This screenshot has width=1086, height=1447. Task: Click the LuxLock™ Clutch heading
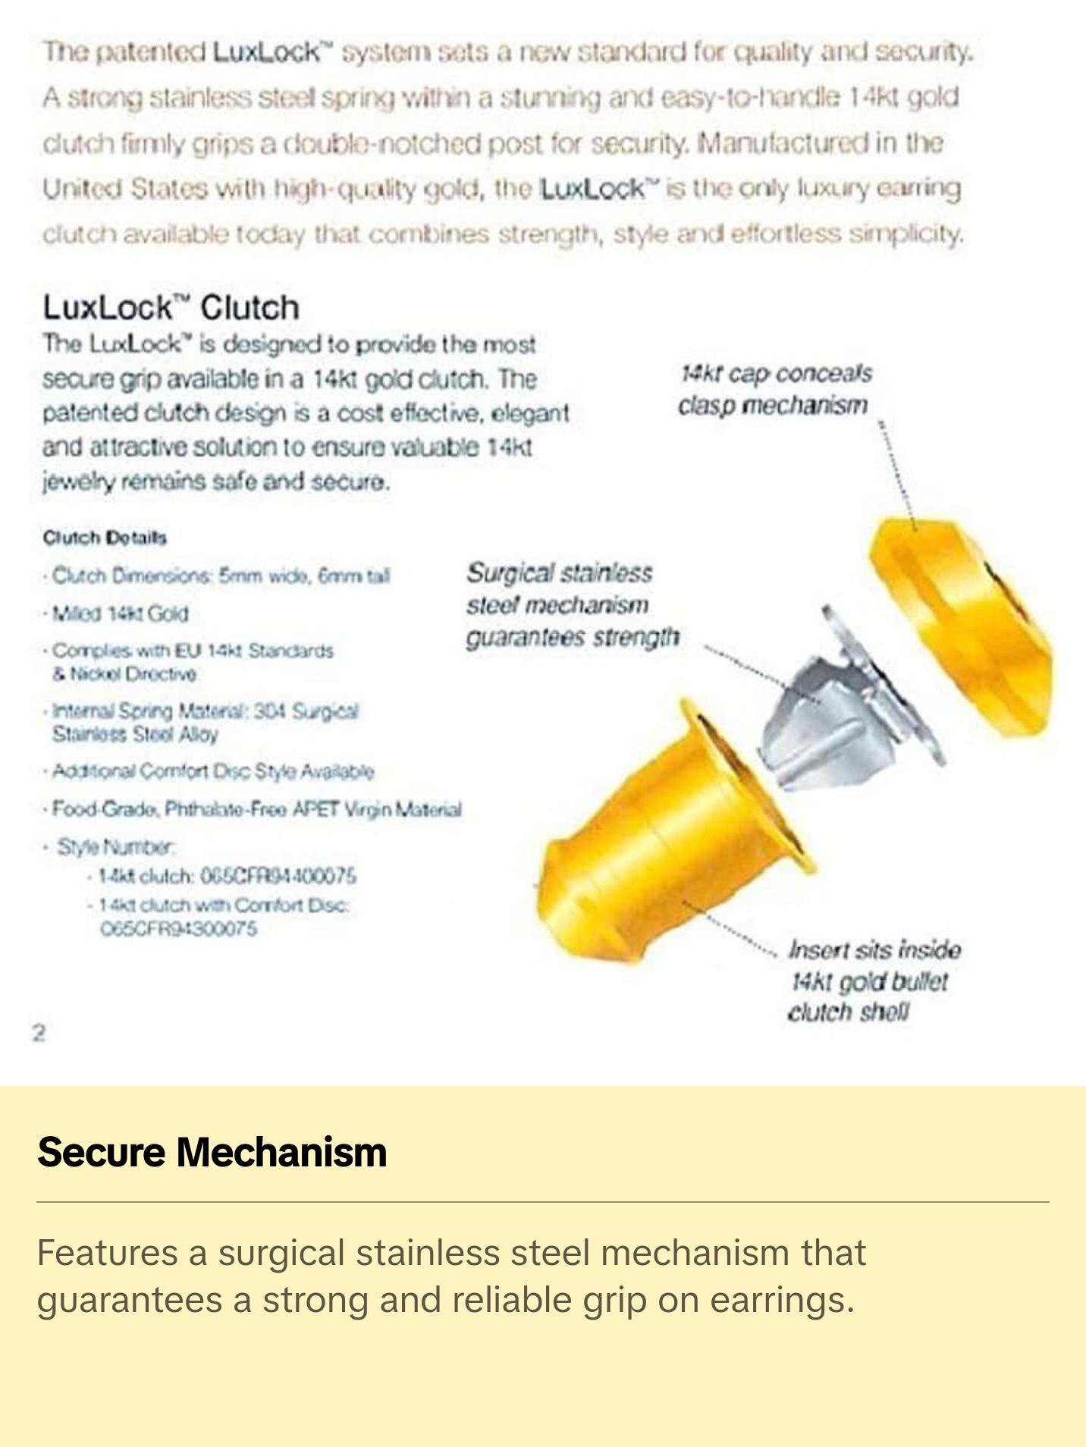click(x=171, y=308)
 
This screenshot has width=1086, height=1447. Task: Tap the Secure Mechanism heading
click(x=212, y=1152)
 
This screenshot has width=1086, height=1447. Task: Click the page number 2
click(x=39, y=1032)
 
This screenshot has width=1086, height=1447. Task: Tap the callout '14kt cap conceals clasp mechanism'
click(x=774, y=389)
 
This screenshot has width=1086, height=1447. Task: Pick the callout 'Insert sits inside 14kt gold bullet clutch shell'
click(x=872, y=981)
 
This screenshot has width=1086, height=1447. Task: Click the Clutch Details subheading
click(x=105, y=538)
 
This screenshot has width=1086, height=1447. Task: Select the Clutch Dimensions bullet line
click(x=220, y=576)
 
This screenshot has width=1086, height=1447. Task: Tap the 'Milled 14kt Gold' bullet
click(x=120, y=613)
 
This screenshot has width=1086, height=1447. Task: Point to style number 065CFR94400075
click(x=278, y=876)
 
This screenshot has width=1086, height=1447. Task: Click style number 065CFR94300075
click(x=179, y=928)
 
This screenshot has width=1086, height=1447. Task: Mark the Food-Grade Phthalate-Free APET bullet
click(x=256, y=809)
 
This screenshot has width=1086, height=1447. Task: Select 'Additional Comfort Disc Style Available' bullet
click(x=212, y=771)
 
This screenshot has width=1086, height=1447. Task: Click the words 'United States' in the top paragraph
click(x=124, y=188)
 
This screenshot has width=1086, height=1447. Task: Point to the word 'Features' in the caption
click(x=107, y=1252)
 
